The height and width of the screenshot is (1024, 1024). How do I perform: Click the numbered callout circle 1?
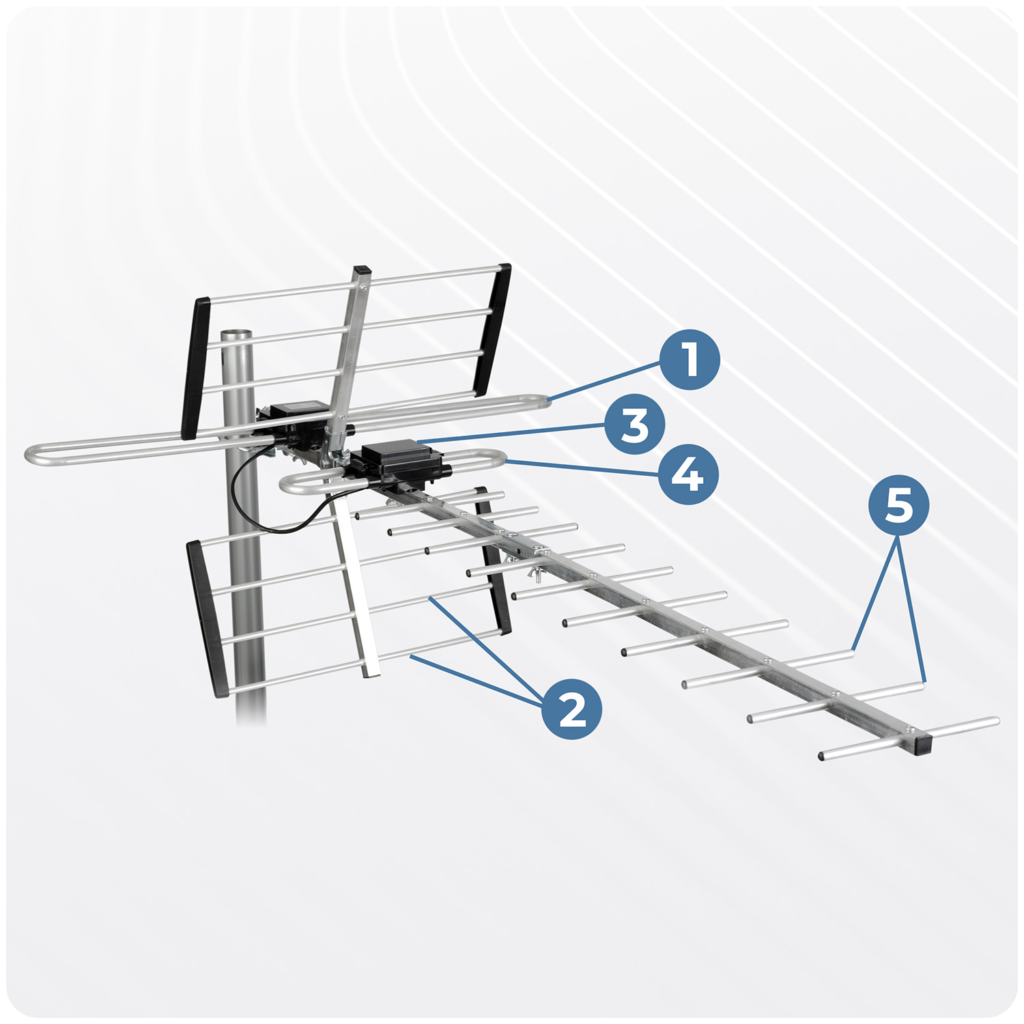(689, 360)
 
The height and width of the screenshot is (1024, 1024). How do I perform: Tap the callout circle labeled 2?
(572, 709)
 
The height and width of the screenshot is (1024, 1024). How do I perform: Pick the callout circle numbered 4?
(688, 474)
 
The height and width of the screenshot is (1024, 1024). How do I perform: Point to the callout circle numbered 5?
(898, 505)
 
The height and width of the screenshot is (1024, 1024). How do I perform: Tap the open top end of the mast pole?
(236, 335)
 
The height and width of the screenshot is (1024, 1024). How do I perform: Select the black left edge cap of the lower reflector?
(207, 618)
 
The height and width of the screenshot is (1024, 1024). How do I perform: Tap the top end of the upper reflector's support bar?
(362, 271)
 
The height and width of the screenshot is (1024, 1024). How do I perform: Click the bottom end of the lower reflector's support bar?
(371, 672)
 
